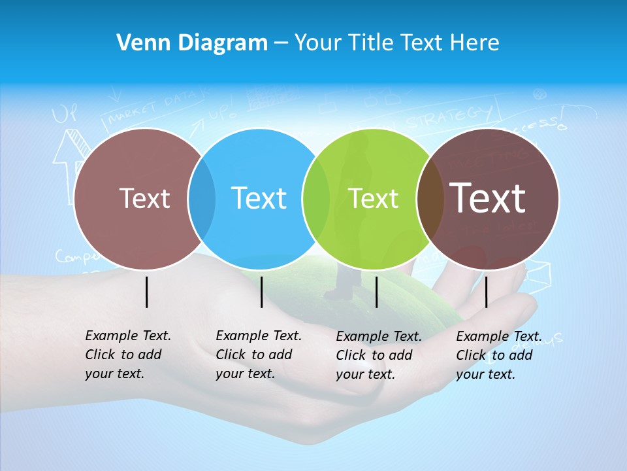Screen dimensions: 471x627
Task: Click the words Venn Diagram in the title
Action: pyautogui.click(x=192, y=43)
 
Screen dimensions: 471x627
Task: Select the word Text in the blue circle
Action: pyautogui.click(x=259, y=198)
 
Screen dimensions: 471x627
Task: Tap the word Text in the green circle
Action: pyautogui.click(x=373, y=198)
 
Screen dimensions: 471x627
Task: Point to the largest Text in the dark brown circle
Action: pyautogui.click(x=488, y=198)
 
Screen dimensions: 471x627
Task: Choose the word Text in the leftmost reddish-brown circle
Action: pyautogui.click(x=144, y=198)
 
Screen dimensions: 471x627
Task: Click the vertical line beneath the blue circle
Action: pyautogui.click(x=261, y=292)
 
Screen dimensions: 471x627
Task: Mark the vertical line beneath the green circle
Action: pyautogui.click(x=377, y=292)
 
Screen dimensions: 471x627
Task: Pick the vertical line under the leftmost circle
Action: pyautogui.click(x=147, y=292)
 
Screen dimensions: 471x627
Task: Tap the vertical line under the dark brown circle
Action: pyautogui.click(x=487, y=292)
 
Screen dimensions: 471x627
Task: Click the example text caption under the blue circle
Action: pyautogui.click(x=258, y=355)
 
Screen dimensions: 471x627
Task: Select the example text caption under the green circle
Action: pyautogui.click(x=378, y=355)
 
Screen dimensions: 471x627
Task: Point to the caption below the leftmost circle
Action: pyautogui.click(x=127, y=355)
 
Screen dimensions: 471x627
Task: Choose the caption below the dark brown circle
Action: pyautogui.click(x=498, y=355)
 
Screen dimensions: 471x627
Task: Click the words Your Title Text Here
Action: pyautogui.click(x=396, y=43)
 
